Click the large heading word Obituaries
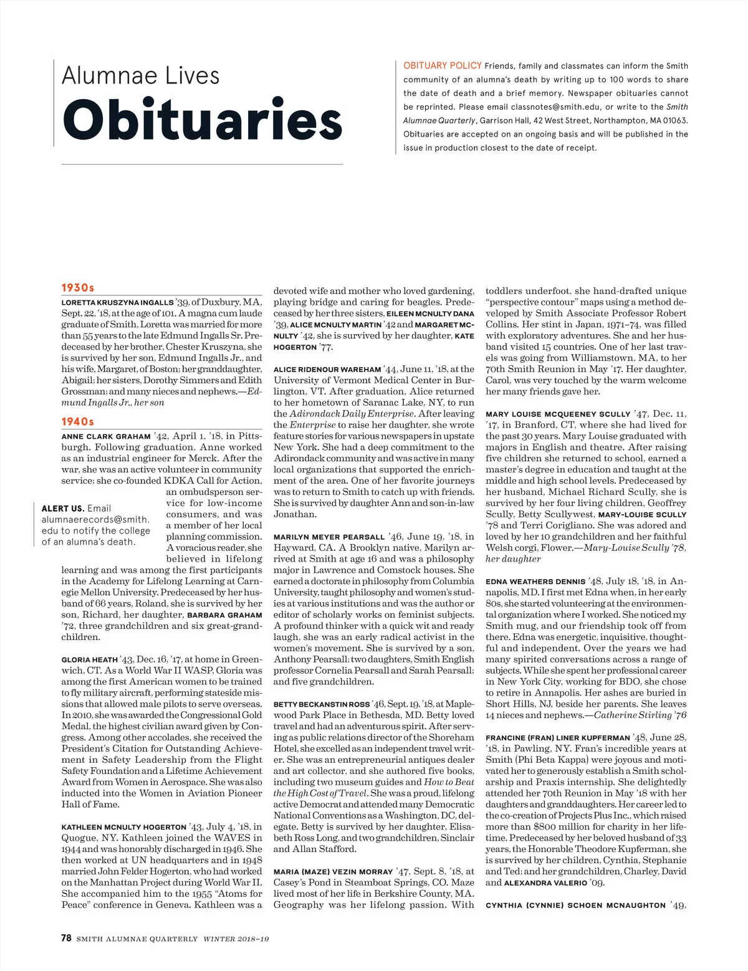click(x=202, y=120)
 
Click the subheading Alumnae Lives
click(x=140, y=76)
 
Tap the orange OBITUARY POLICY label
click(x=442, y=65)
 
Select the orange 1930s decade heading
click(x=77, y=288)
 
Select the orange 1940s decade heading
click(x=77, y=422)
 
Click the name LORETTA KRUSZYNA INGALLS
click(x=117, y=303)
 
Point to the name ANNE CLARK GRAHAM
click(x=106, y=437)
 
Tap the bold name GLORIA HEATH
click(x=89, y=659)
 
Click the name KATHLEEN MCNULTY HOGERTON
click(x=123, y=827)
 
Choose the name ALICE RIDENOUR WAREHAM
click(x=327, y=370)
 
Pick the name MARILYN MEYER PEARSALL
click(x=329, y=537)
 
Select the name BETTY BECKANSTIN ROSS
click(x=322, y=704)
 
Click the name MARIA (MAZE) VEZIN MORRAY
click(x=333, y=872)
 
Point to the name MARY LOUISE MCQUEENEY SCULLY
click(x=558, y=414)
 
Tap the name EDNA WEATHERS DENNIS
click(x=535, y=581)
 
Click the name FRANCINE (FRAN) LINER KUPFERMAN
click(x=558, y=738)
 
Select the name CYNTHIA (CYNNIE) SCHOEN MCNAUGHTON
click(x=575, y=906)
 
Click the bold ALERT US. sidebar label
click(x=62, y=509)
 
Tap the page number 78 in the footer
click(x=67, y=938)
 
